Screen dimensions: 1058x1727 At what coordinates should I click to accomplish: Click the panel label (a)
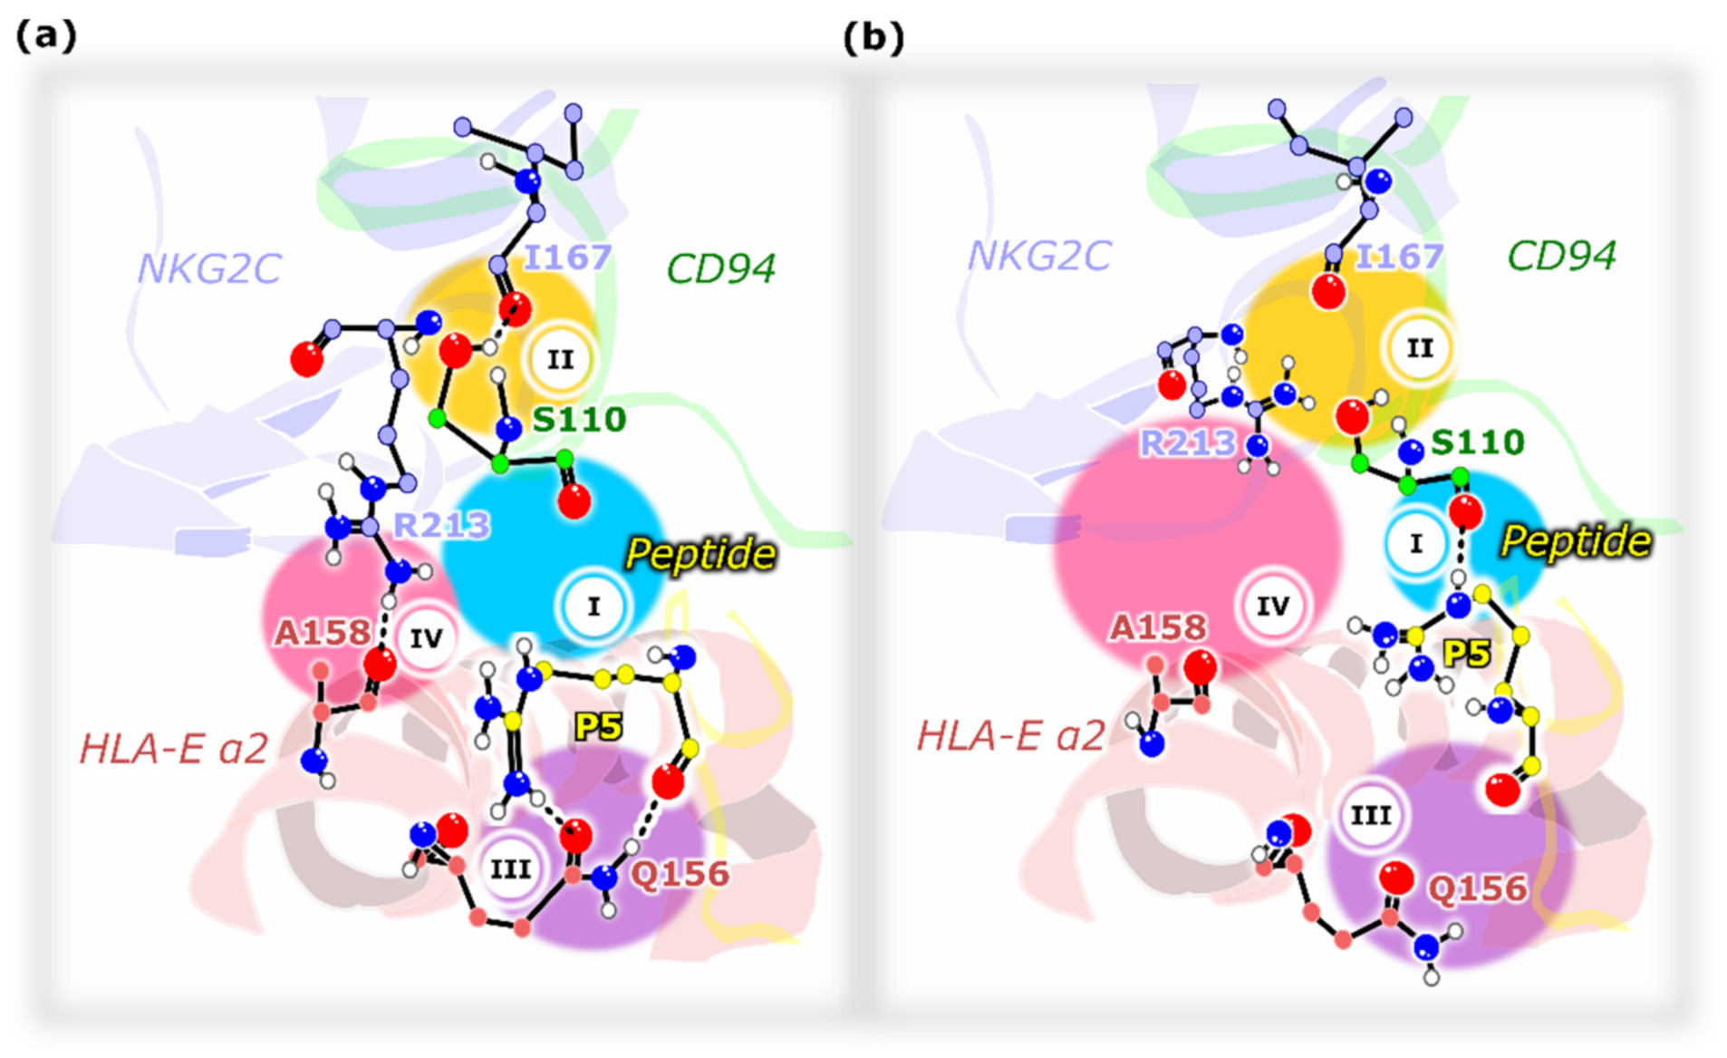(46, 35)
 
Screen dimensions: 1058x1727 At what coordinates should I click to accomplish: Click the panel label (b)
(873, 37)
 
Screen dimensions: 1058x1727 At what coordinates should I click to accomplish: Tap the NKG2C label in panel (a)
(208, 269)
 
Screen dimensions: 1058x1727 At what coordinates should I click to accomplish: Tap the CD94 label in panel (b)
(1560, 257)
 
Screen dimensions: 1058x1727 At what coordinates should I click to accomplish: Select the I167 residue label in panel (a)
(567, 257)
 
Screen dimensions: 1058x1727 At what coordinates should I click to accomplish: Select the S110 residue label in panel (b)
(1477, 442)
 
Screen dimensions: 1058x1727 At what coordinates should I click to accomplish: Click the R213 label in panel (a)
(440, 524)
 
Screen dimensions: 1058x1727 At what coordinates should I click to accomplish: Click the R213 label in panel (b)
(1187, 442)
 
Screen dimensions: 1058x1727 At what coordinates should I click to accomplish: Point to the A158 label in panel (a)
(323, 632)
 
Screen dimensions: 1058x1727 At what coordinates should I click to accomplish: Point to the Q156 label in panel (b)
(1477, 888)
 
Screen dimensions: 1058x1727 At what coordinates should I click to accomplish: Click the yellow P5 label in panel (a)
(598, 726)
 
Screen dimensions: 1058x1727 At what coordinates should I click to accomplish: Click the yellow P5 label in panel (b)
(1466, 653)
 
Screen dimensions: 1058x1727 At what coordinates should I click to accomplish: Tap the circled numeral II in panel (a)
(560, 360)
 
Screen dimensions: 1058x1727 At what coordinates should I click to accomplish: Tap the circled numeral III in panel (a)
(510, 869)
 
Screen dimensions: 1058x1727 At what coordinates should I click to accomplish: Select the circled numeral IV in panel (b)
(1272, 606)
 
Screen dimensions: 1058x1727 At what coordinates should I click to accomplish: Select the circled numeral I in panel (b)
(1415, 543)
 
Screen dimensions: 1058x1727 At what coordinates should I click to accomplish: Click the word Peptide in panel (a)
(700, 555)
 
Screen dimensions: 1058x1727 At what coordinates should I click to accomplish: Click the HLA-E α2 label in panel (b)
(1010, 735)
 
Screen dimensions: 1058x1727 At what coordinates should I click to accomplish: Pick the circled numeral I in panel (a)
(593, 607)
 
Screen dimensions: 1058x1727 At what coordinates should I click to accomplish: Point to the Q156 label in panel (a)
(680, 874)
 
